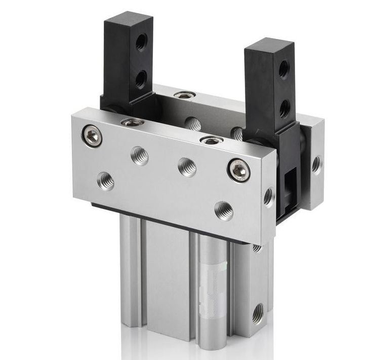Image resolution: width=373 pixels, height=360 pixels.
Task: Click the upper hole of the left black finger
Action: pyautogui.click(x=141, y=43)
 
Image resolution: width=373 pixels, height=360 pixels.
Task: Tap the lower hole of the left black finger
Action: pyautogui.click(x=141, y=78)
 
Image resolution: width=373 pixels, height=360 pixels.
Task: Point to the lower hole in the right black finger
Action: pyautogui.click(x=285, y=108)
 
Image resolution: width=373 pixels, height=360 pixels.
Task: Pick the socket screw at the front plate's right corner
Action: pyautogui.click(x=238, y=170)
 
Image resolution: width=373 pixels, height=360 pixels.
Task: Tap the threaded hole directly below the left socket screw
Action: pyautogui.click(x=105, y=180)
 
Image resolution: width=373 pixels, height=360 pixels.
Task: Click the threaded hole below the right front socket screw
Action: pyautogui.click(x=224, y=210)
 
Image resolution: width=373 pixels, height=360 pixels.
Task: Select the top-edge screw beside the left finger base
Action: pyautogui.click(x=133, y=122)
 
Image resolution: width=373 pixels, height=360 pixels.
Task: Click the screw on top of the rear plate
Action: pyautogui.click(x=185, y=95)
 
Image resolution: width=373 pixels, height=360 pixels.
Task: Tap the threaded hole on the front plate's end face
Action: pyautogui.click(x=268, y=196)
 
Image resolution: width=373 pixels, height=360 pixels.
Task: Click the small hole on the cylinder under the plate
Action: pyautogui.click(x=257, y=248)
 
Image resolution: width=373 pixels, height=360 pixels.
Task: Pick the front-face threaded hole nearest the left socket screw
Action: pyautogui.click(x=140, y=155)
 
